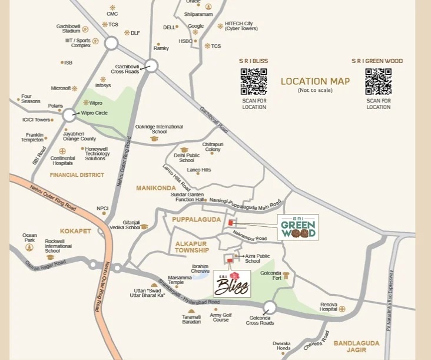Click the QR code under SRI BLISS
point(254,81)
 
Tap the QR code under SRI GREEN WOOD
point(378,81)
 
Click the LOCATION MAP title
point(315,82)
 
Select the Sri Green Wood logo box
point(298,227)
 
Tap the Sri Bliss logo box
point(232,284)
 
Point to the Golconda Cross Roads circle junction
point(270,307)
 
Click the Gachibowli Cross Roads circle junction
point(151,65)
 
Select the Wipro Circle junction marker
point(69,115)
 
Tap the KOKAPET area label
point(75,231)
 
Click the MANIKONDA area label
point(157,188)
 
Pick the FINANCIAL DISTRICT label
point(77,175)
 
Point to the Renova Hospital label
point(329,308)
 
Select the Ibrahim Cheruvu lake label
point(201,269)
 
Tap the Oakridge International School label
point(159,129)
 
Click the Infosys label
point(103,85)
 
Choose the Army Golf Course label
point(220,318)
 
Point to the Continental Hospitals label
point(62,161)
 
